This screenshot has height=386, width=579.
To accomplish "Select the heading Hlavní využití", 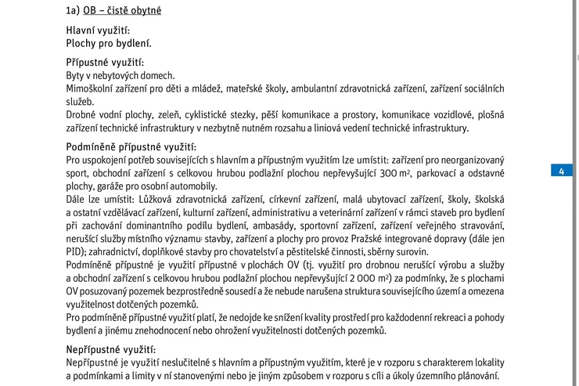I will [x=97, y=31].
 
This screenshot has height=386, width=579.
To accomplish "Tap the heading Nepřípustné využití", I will [x=110, y=349].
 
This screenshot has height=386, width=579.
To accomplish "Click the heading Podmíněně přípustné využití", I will [x=131, y=146].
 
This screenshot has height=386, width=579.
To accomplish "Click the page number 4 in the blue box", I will [x=562, y=171].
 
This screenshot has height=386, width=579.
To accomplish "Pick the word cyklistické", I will [x=228, y=114].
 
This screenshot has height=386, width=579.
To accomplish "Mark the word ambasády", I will [x=289, y=225].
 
